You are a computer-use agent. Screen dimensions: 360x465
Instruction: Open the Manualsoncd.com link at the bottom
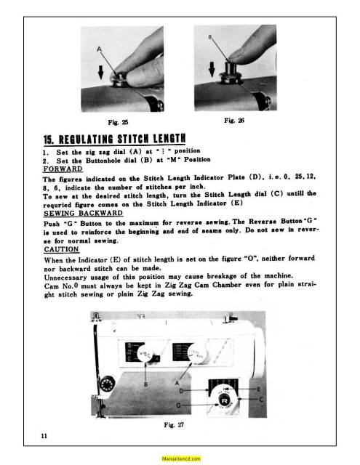click(180, 458)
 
